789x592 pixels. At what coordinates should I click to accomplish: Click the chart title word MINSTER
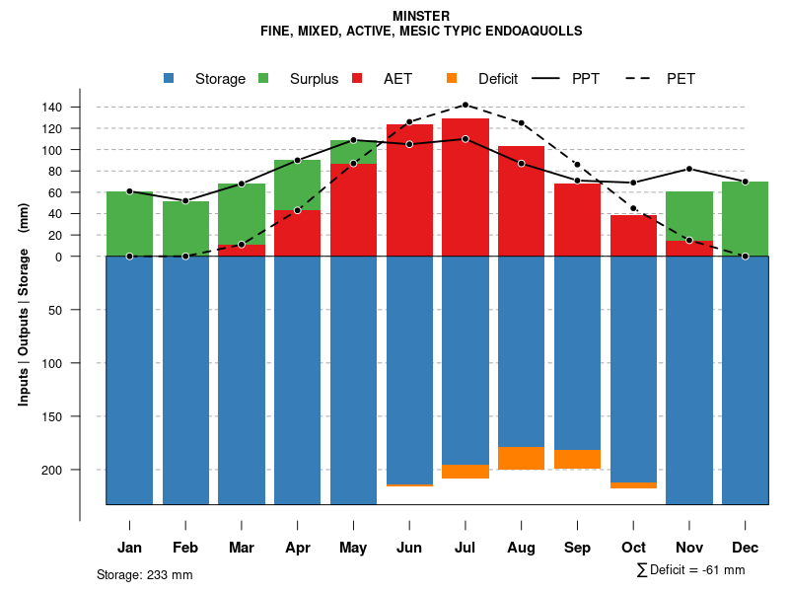coord(421,16)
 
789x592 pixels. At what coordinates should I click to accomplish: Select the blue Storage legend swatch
coord(170,78)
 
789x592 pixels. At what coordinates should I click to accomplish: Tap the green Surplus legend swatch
coord(263,78)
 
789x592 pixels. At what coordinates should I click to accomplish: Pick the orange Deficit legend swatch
coord(452,78)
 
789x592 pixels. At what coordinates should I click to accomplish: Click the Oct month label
coord(633,548)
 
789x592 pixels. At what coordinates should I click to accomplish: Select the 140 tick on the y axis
coord(79,107)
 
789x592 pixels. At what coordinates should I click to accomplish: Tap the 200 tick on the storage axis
coord(79,470)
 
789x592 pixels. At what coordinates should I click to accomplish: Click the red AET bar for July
coord(465,187)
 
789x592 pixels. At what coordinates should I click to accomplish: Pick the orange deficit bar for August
coord(521,458)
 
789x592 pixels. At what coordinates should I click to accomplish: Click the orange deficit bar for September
coord(577,459)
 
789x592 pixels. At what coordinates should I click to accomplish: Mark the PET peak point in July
coord(465,105)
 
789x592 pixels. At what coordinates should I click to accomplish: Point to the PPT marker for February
coord(185,200)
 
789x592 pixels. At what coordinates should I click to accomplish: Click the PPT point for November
coord(689,169)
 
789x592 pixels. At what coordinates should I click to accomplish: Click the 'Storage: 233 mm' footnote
coord(144,574)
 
